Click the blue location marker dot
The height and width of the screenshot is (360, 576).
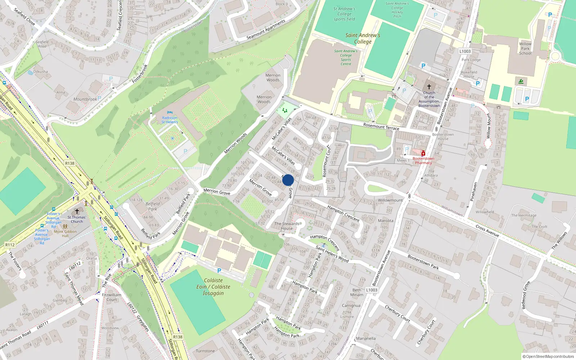point(288,180)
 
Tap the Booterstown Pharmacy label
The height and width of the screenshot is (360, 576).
point(423,161)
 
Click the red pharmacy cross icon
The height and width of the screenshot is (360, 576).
point(423,154)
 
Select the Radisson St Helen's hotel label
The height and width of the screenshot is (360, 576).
point(170,120)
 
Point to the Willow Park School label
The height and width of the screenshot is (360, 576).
point(525,49)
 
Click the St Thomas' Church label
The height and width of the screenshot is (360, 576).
point(77,219)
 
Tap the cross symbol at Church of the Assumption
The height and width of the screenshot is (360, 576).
point(429,87)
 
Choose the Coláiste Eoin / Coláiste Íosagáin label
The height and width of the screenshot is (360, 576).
point(213,287)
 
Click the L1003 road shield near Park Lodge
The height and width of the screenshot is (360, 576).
point(465,51)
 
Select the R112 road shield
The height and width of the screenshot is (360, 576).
point(10,245)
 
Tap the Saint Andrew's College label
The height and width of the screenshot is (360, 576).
point(363,38)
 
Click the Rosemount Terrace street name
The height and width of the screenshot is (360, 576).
point(381,126)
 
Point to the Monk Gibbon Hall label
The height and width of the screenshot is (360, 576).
point(65,234)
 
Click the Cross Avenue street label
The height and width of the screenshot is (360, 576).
point(487,231)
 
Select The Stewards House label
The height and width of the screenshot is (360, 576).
point(287,226)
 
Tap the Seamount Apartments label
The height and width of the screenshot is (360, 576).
point(266,30)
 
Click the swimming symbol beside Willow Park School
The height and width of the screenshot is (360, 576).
point(521,82)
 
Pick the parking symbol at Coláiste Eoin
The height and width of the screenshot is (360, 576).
point(219,271)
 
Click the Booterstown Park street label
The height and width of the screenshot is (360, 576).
point(423,262)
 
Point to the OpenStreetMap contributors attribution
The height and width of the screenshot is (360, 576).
point(548,356)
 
